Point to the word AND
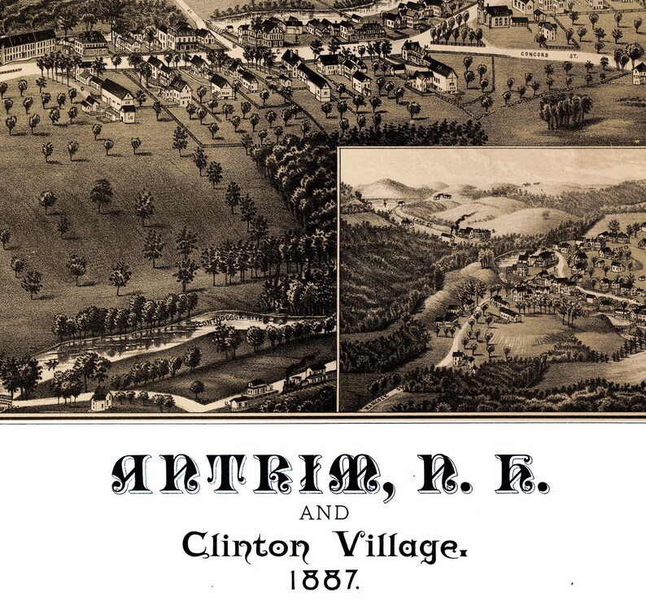324,513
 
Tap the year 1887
323,580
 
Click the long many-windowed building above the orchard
26,46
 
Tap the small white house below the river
101,399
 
